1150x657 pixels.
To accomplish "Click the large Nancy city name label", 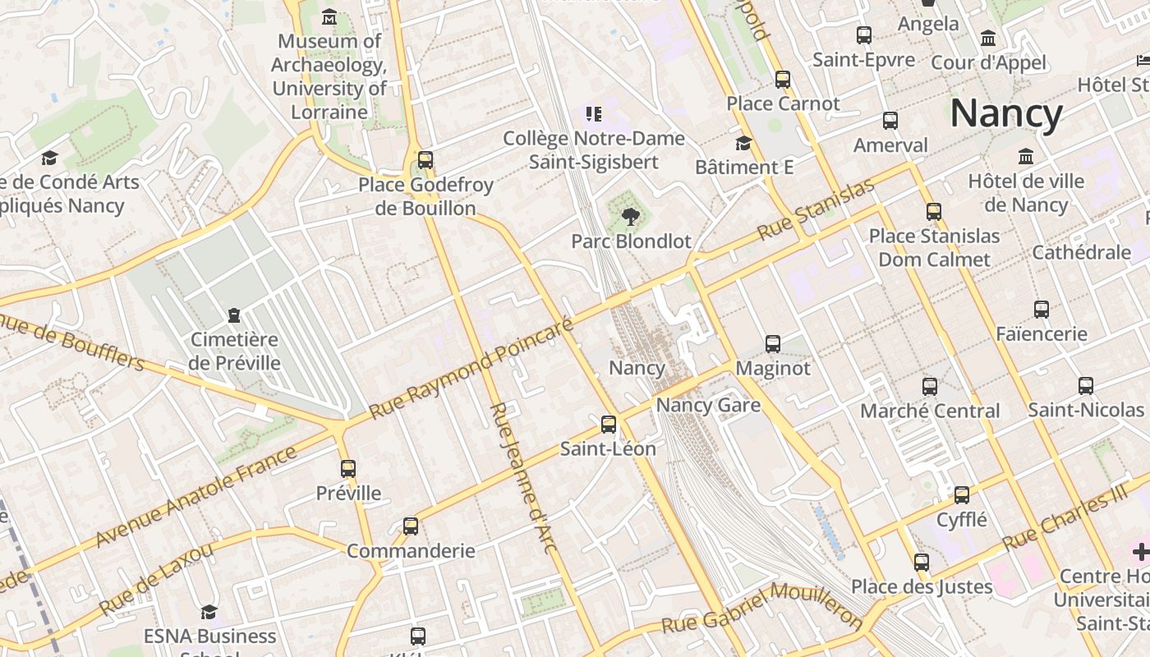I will click(x=1006, y=113).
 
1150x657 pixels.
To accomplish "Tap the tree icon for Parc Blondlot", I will click(x=630, y=217).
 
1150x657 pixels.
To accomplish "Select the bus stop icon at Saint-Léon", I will click(x=608, y=425).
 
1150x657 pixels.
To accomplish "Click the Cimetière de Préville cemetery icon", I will click(x=234, y=315).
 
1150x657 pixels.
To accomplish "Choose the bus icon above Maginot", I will click(x=772, y=344).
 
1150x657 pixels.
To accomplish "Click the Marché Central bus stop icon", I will click(x=929, y=387).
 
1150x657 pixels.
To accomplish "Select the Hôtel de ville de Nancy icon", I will click(x=1025, y=157).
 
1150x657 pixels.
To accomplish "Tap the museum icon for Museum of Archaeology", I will click(x=329, y=16).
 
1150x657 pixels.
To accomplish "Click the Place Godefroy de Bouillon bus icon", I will click(x=425, y=160).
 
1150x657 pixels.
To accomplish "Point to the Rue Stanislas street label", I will click(x=816, y=210).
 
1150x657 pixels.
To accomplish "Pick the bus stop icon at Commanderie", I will click(x=411, y=526).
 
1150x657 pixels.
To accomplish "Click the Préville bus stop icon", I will click(x=348, y=469).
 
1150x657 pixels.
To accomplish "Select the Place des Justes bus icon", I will click(x=921, y=563).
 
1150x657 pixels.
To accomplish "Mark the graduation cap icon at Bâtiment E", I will click(x=743, y=144).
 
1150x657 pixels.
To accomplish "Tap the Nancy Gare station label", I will click(x=707, y=405).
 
